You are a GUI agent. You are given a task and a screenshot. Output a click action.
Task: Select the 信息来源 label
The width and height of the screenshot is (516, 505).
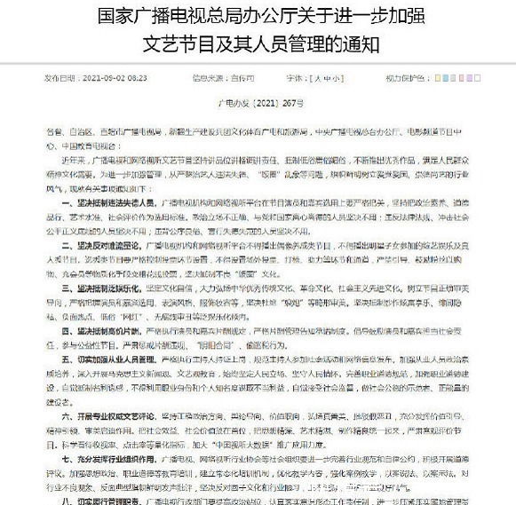pyautogui.click(x=195, y=78)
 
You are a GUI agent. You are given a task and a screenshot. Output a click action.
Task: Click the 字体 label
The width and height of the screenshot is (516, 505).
pyautogui.click(x=287, y=78)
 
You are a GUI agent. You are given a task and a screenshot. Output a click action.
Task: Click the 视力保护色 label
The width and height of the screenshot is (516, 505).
pyautogui.click(x=407, y=78)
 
